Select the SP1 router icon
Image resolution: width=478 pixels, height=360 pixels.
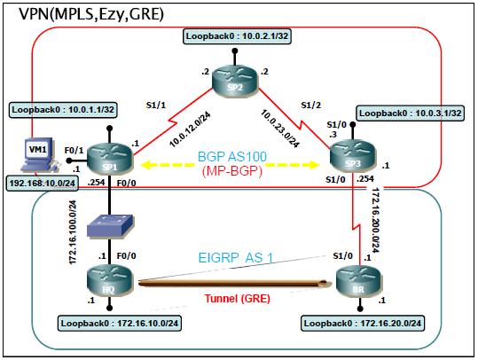[x=111, y=160]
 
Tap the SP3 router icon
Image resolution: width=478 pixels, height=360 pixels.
[x=349, y=160]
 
